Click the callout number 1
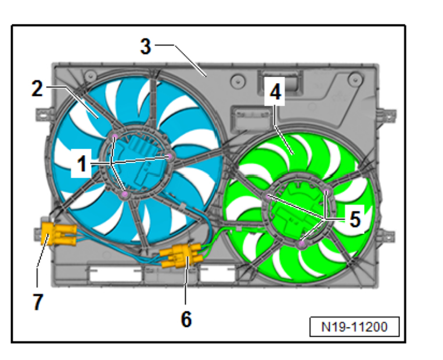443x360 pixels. click(x=82, y=164)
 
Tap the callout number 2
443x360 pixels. click(x=37, y=89)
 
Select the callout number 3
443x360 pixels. click(x=146, y=46)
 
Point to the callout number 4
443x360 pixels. click(x=275, y=92)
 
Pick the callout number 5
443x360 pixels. click(x=355, y=219)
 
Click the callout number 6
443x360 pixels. click(x=186, y=319)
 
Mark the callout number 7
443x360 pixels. click(x=38, y=302)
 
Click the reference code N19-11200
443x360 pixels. click(x=354, y=327)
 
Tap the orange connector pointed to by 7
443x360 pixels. click(x=58, y=233)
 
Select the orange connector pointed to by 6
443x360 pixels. click(x=181, y=255)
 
